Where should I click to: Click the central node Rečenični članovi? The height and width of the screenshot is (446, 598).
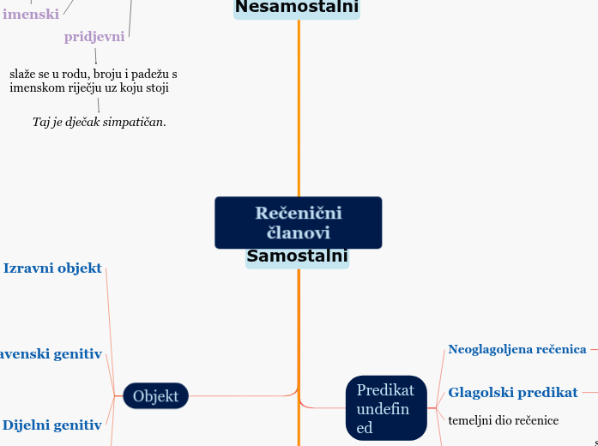point(298,222)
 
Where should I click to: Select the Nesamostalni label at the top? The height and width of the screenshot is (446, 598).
point(297,9)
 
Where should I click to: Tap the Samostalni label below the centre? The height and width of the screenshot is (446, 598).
point(297,256)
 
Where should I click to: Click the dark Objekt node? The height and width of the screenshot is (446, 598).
point(155,395)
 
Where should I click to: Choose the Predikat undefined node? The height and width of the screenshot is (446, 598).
point(385,408)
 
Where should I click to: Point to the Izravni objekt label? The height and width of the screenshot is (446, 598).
point(52,268)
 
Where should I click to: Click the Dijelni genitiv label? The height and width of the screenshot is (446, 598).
point(51,425)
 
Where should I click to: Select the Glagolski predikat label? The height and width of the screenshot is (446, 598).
point(512,393)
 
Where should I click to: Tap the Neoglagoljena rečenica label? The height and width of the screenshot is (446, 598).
point(516,349)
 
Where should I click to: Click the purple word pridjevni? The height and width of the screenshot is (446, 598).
point(94,37)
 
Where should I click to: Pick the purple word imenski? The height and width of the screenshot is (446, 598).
point(31,14)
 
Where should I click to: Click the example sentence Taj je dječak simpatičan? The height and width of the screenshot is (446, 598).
point(100,122)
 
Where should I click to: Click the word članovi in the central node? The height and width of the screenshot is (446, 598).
point(299,232)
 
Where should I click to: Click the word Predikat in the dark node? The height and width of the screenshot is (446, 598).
point(385,391)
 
